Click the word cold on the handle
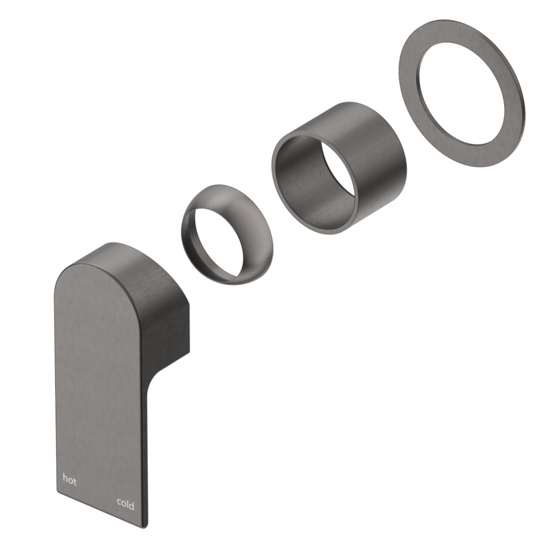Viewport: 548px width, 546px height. tap(126, 504)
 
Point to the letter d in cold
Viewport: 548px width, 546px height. tap(132, 504)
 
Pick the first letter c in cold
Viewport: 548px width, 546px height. tap(119, 505)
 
